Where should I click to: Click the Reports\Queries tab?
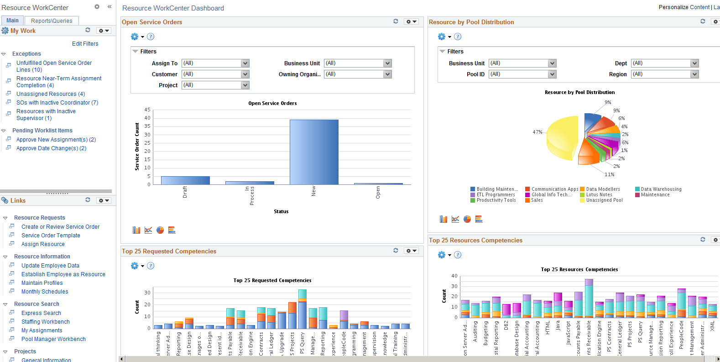(x=52, y=21)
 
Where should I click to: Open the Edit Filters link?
(x=85, y=44)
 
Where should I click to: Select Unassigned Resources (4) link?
(x=51, y=94)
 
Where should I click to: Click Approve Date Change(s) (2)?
(x=51, y=148)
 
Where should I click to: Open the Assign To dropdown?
(x=215, y=63)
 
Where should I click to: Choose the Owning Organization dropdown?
(x=358, y=74)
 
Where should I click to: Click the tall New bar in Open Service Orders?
(x=314, y=152)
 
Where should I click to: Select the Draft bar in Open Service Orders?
(x=185, y=180)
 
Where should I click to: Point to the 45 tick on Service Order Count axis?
(x=147, y=110)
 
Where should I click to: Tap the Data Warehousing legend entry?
(x=661, y=189)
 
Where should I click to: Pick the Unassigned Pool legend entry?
(x=604, y=200)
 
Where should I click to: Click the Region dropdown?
(x=665, y=74)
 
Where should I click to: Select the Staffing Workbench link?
(x=46, y=322)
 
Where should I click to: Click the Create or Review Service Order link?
(x=60, y=227)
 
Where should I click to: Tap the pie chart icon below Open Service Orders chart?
(x=160, y=230)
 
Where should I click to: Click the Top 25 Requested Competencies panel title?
(x=169, y=252)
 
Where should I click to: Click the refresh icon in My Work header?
(x=88, y=30)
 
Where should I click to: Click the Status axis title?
(x=281, y=211)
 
